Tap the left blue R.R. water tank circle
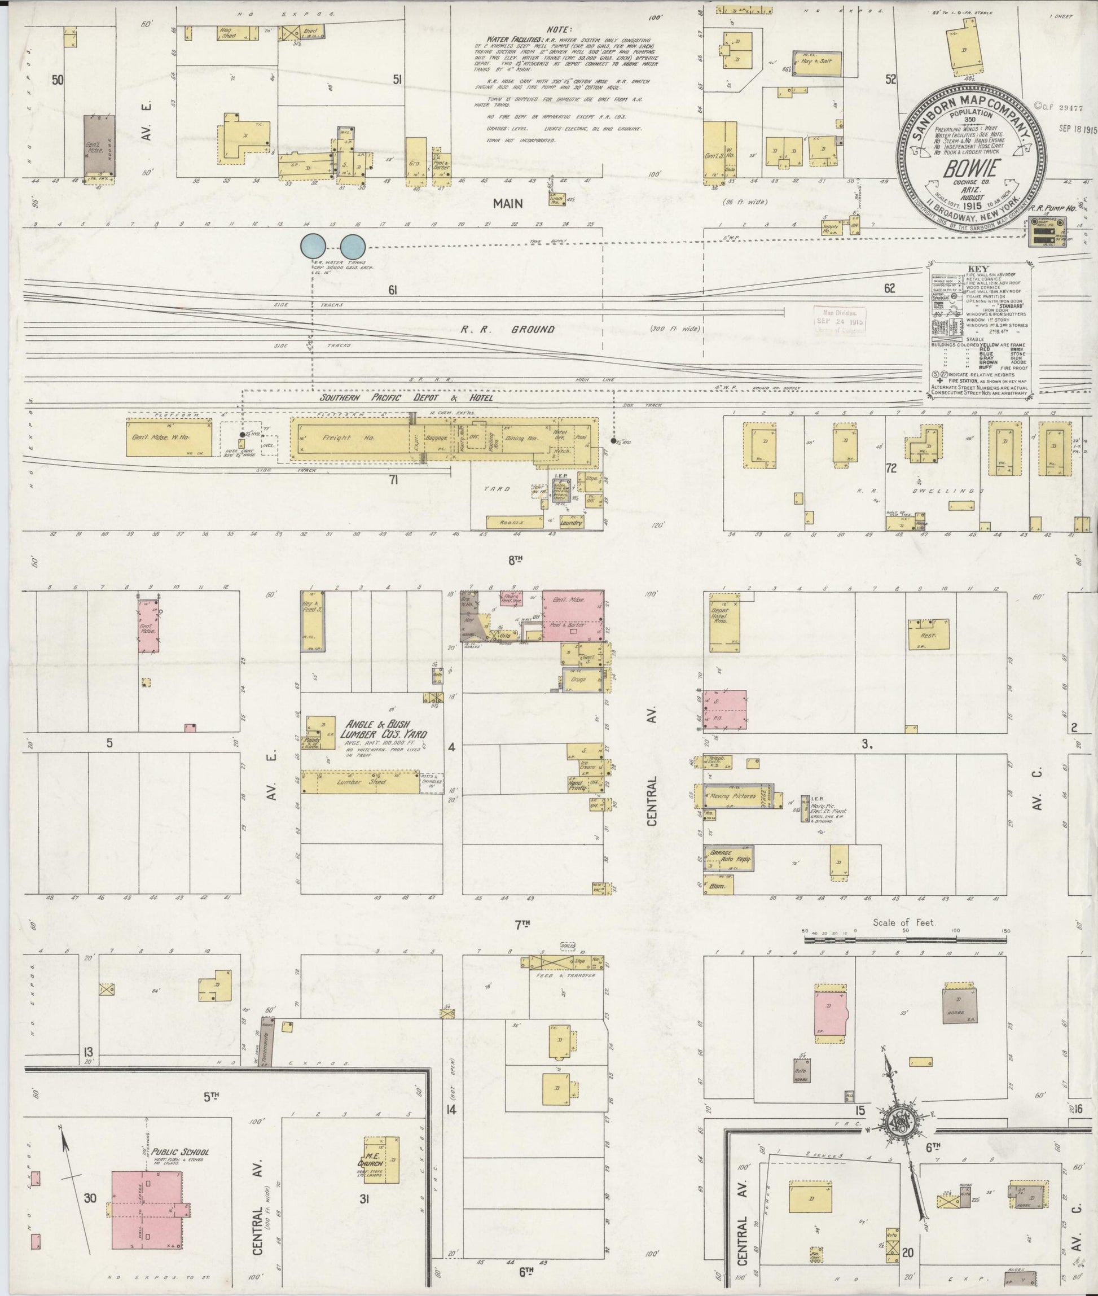click(313, 246)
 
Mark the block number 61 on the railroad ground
click(393, 290)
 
